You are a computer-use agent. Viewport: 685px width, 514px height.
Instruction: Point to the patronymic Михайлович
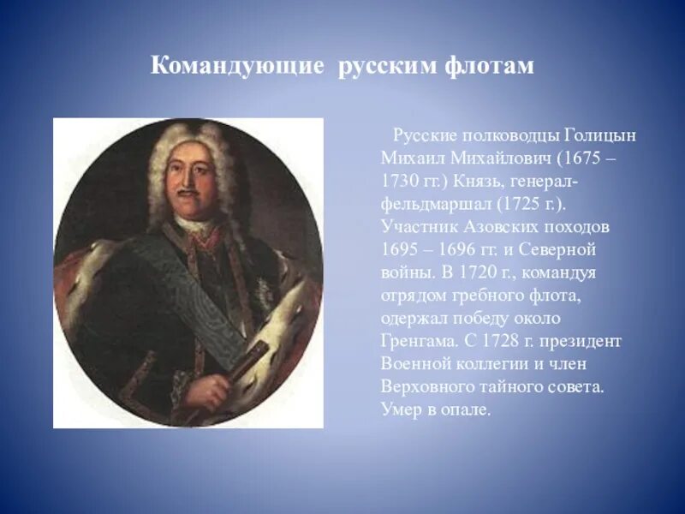498,159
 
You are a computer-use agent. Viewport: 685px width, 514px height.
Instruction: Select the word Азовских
507,227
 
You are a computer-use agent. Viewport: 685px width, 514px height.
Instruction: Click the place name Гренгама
415,340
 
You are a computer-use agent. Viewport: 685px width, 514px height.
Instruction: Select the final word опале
467,409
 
